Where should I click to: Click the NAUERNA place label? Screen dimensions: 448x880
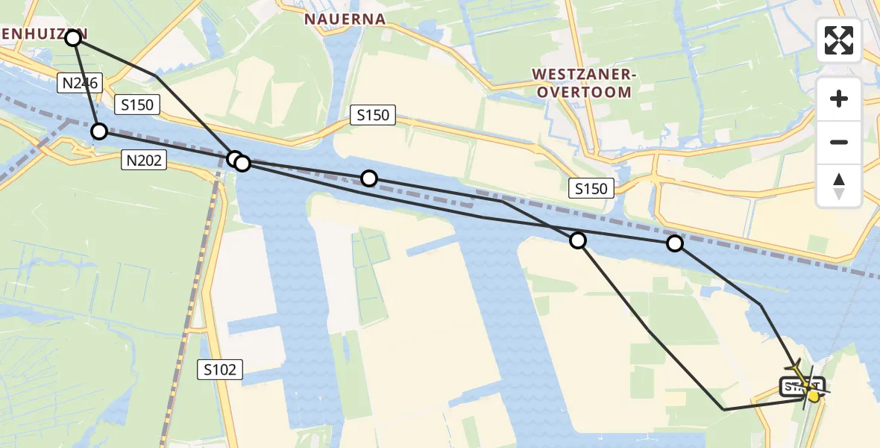click(345, 19)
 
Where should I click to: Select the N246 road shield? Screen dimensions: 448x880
click(79, 83)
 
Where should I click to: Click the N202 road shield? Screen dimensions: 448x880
click(145, 159)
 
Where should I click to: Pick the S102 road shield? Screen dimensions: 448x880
click(221, 369)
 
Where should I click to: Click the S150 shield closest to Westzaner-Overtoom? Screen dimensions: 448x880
click(591, 188)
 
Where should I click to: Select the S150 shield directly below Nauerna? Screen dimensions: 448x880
click(373, 115)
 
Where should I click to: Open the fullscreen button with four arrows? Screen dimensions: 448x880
click(839, 40)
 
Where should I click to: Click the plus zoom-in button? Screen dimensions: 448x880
click(839, 99)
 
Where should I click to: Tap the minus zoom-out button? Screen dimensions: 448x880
click(839, 142)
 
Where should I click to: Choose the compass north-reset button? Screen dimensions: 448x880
click(839, 186)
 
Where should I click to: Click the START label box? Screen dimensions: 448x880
click(802, 387)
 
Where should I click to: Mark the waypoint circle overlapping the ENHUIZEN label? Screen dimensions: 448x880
click(72, 37)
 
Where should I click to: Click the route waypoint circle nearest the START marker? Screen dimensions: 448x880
click(675, 243)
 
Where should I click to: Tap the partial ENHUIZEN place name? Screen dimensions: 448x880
click(41, 34)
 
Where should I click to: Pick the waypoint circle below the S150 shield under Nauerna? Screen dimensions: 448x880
click(369, 178)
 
